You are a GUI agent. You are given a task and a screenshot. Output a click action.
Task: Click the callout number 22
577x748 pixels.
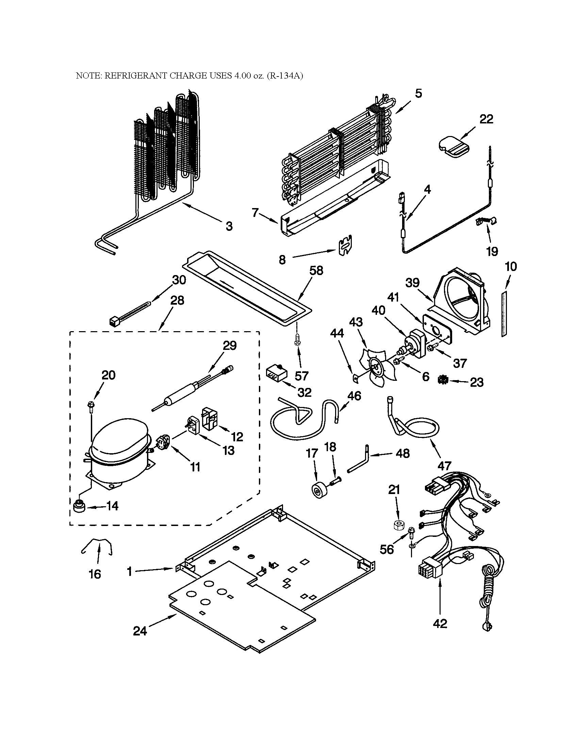486,119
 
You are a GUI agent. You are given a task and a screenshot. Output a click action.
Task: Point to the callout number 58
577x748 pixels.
316,271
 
